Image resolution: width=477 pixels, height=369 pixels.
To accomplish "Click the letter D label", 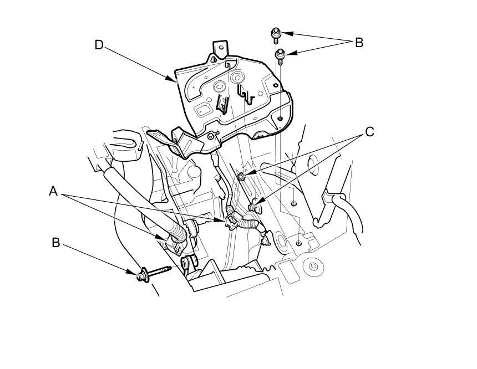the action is (x=99, y=45).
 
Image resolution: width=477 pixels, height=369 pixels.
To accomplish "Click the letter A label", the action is (x=53, y=192).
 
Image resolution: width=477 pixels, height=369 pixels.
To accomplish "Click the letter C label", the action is (x=369, y=132).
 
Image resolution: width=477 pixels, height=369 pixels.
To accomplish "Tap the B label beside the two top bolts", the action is (x=359, y=43).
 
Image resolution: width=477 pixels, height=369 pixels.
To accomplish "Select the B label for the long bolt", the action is (x=55, y=243).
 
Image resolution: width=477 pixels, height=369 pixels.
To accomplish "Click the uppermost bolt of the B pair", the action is (x=276, y=35).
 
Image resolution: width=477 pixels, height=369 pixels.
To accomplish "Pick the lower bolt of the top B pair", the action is (x=280, y=57).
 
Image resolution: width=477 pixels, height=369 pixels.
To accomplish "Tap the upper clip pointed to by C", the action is (x=241, y=176).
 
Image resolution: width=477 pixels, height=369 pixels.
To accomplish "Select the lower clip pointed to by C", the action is (x=252, y=208).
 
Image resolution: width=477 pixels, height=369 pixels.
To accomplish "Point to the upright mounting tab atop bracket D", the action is (x=220, y=49).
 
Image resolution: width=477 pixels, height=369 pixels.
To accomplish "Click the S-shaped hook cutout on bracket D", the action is (x=246, y=94).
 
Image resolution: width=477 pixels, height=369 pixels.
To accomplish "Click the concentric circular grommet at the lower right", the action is (x=312, y=266).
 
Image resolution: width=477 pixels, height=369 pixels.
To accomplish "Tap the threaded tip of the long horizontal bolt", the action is (x=168, y=269).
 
